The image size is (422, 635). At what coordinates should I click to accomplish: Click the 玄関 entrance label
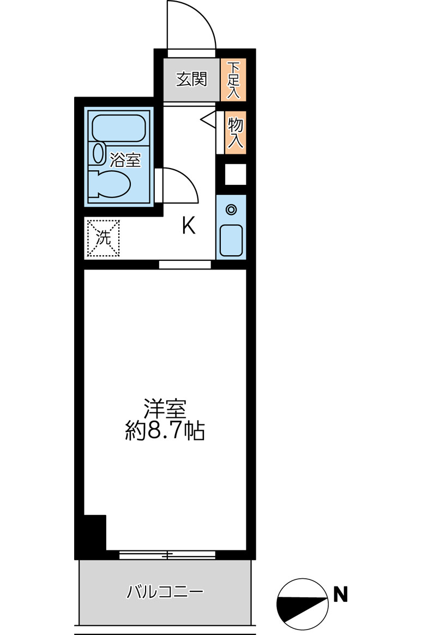(191, 80)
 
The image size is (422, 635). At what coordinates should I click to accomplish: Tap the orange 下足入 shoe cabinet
(233, 80)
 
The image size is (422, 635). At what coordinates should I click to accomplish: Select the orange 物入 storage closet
(234, 133)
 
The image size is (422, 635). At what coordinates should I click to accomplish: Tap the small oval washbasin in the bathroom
(99, 153)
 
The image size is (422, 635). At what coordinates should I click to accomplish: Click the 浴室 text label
(125, 160)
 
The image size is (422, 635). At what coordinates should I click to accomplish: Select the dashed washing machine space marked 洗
(103, 238)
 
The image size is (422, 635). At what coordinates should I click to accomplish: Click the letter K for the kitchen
(189, 225)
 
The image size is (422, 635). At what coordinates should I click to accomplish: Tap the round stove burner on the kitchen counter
(231, 208)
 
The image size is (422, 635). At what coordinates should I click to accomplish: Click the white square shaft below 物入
(235, 175)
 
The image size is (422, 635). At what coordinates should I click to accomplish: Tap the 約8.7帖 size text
(165, 432)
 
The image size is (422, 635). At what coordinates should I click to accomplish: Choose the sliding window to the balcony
(167, 555)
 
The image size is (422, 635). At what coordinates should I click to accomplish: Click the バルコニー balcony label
(165, 591)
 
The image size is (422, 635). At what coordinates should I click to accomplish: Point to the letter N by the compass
(341, 594)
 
